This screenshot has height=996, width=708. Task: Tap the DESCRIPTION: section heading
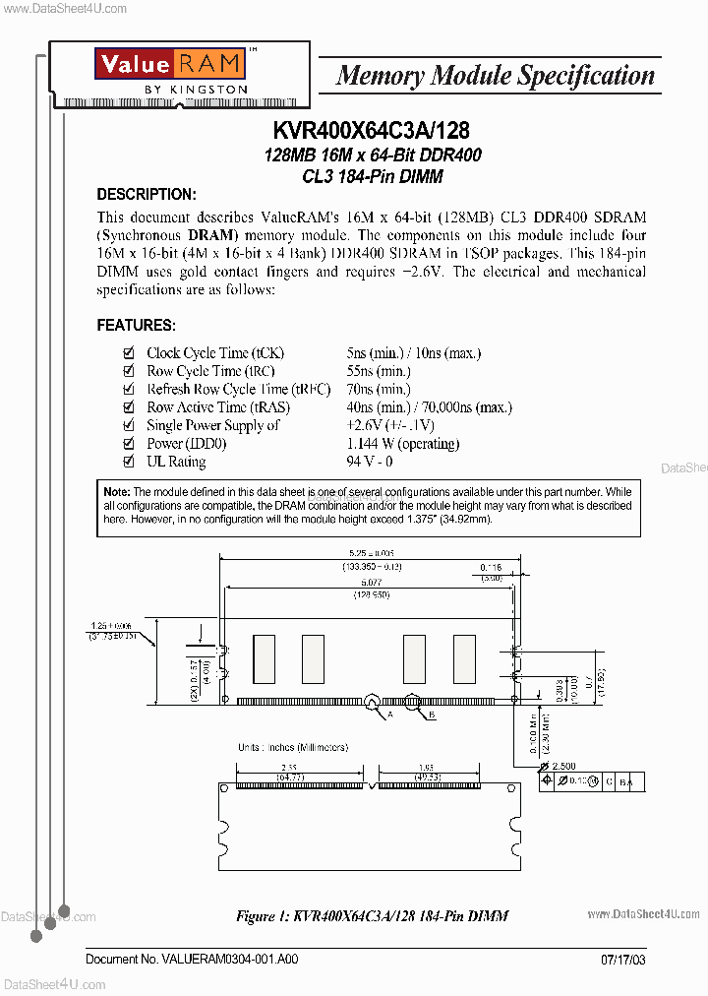coord(147,194)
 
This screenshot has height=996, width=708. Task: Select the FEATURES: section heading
coord(136,325)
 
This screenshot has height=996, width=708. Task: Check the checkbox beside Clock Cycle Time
coord(128,353)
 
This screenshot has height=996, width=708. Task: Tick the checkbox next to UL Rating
coord(128,462)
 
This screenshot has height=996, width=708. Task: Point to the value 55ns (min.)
coord(379,371)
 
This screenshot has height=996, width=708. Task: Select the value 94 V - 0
coord(370,462)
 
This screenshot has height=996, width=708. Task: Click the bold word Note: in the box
coord(116,491)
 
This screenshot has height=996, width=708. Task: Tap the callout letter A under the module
coord(389,716)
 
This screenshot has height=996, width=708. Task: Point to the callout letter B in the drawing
coord(431,716)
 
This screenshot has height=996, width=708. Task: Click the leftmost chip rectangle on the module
coord(264,654)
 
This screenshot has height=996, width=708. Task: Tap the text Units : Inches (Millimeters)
coord(292,747)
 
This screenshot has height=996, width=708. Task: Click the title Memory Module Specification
coord(495,75)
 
